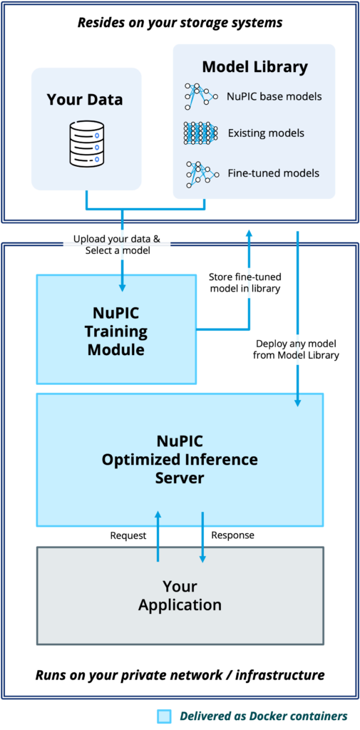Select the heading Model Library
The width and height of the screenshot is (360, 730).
pyautogui.click(x=254, y=67)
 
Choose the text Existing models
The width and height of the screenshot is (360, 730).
pyautogui.click(x=266, y=133)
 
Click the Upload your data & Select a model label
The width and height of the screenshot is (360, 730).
pyautogui.click(x=116, y=244)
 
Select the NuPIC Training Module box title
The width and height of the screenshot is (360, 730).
pyautogui.click(x=117, y=329)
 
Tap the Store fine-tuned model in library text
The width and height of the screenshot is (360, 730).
pyautogui.click(x=245, y=283)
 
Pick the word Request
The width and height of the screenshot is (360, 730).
pyautogui.click(x=128, y=536)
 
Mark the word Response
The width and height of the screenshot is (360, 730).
pyautogui.click(x=233, y=535)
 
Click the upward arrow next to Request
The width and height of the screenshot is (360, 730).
pyautogui.click(x=158, y=536)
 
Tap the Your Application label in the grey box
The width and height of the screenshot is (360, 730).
pyautogui.click(x=180, y=595)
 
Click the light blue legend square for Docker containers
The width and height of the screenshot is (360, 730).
pyautogui.click(x=165, y=716)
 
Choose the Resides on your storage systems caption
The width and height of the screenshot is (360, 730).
pyautogui.click(x=180, y=22)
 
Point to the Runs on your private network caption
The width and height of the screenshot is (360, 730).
pyautogui.click(x=180, y=674)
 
